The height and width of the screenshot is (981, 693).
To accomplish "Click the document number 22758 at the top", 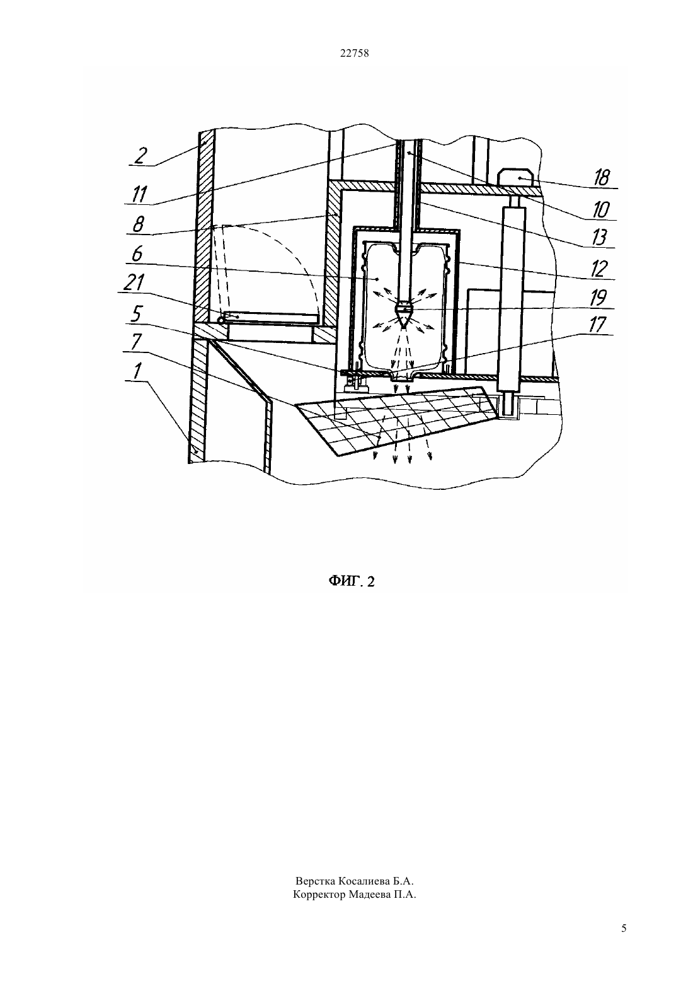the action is pos(354,54).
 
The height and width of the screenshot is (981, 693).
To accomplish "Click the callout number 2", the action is pos(140,156).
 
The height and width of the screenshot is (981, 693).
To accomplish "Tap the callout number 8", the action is pos(138,225).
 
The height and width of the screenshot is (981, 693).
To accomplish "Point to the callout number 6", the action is pos(137,254).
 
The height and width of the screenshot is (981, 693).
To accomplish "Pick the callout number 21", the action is pos(134,282).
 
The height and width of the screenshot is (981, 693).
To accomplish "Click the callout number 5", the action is pos(137,313).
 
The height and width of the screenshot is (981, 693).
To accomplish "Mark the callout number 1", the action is pos(137,371).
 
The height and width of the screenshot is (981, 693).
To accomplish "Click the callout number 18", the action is pos(602,178).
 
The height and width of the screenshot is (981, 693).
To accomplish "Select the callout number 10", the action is pos(601,210).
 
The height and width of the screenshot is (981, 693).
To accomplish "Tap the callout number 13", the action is pos(599,238).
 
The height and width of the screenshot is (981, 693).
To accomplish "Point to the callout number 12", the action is pos(599,269).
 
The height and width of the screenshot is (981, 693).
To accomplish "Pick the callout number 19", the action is pos(598,298).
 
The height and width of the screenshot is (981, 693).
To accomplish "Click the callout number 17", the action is pos(597,325).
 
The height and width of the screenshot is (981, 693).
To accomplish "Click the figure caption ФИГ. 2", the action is pos(352,581).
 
